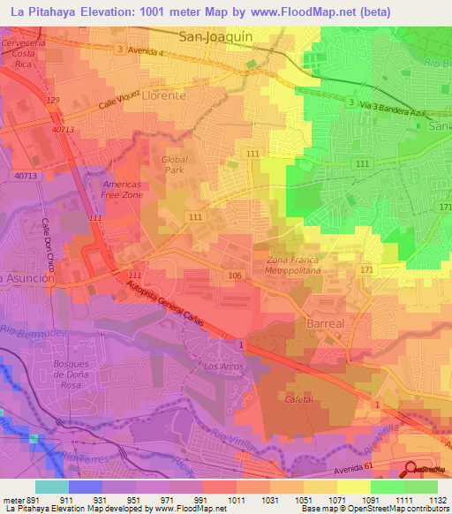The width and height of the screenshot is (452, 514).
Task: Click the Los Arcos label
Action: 222,366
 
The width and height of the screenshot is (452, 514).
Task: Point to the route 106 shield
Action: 234,276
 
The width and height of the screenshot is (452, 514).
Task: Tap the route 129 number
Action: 53,102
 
